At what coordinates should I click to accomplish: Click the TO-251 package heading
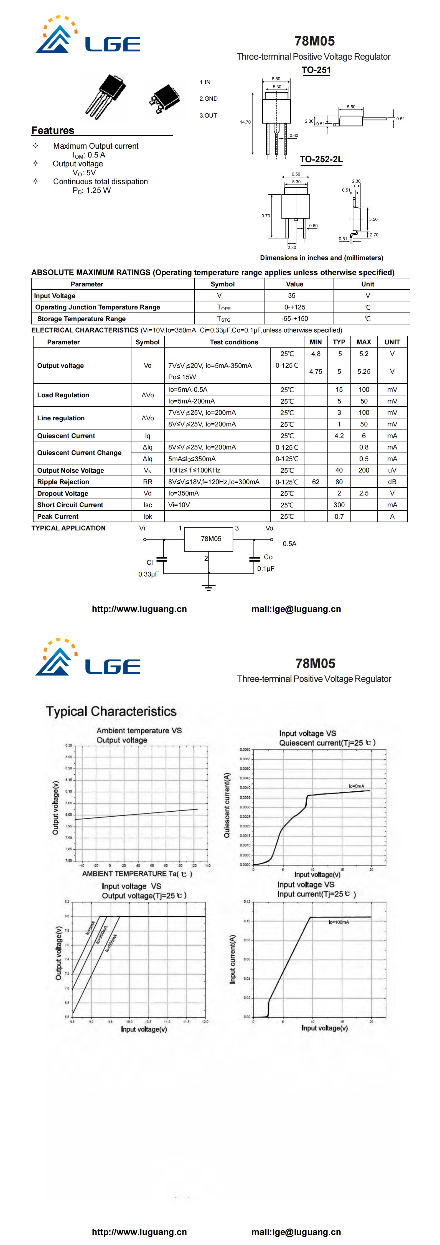(x=316, y=70)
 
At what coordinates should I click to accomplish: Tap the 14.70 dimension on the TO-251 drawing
(x=245, y=122)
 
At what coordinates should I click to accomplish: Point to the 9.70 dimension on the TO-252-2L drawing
(x=266, y=216)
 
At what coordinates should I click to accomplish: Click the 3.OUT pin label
(x=208, y=116)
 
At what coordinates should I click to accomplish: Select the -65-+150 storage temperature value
(x=294, y=319)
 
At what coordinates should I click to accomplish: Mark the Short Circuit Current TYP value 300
(x=339, y=505)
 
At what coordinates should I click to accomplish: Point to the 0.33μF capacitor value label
(x=148, y=574)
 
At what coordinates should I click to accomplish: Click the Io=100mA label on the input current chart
(x=339, y=922)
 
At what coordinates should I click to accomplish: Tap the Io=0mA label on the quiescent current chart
(x=356, y=786)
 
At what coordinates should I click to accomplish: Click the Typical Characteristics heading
(x=111, y=712)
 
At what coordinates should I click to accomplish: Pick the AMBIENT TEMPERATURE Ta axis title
(x=137, y=874)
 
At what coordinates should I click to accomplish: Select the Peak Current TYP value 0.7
(x=339, y=517)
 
